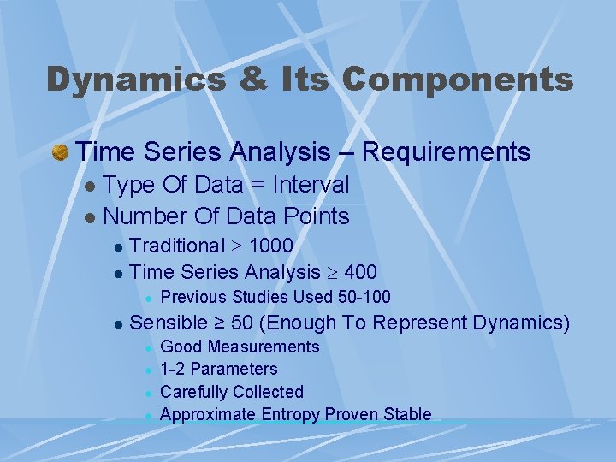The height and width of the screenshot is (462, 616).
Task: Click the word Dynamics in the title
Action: click(x=136, y=79)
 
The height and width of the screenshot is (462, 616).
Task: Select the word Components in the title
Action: click(x=458, y=79)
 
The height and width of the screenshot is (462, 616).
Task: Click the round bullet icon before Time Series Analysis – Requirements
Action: click(x=60, y=153)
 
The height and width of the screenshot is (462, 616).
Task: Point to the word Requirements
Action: click(x=446, y=153)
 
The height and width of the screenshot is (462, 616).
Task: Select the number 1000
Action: click(x=270, y=246)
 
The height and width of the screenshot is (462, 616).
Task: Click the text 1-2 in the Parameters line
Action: click(x=175, y=370)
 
